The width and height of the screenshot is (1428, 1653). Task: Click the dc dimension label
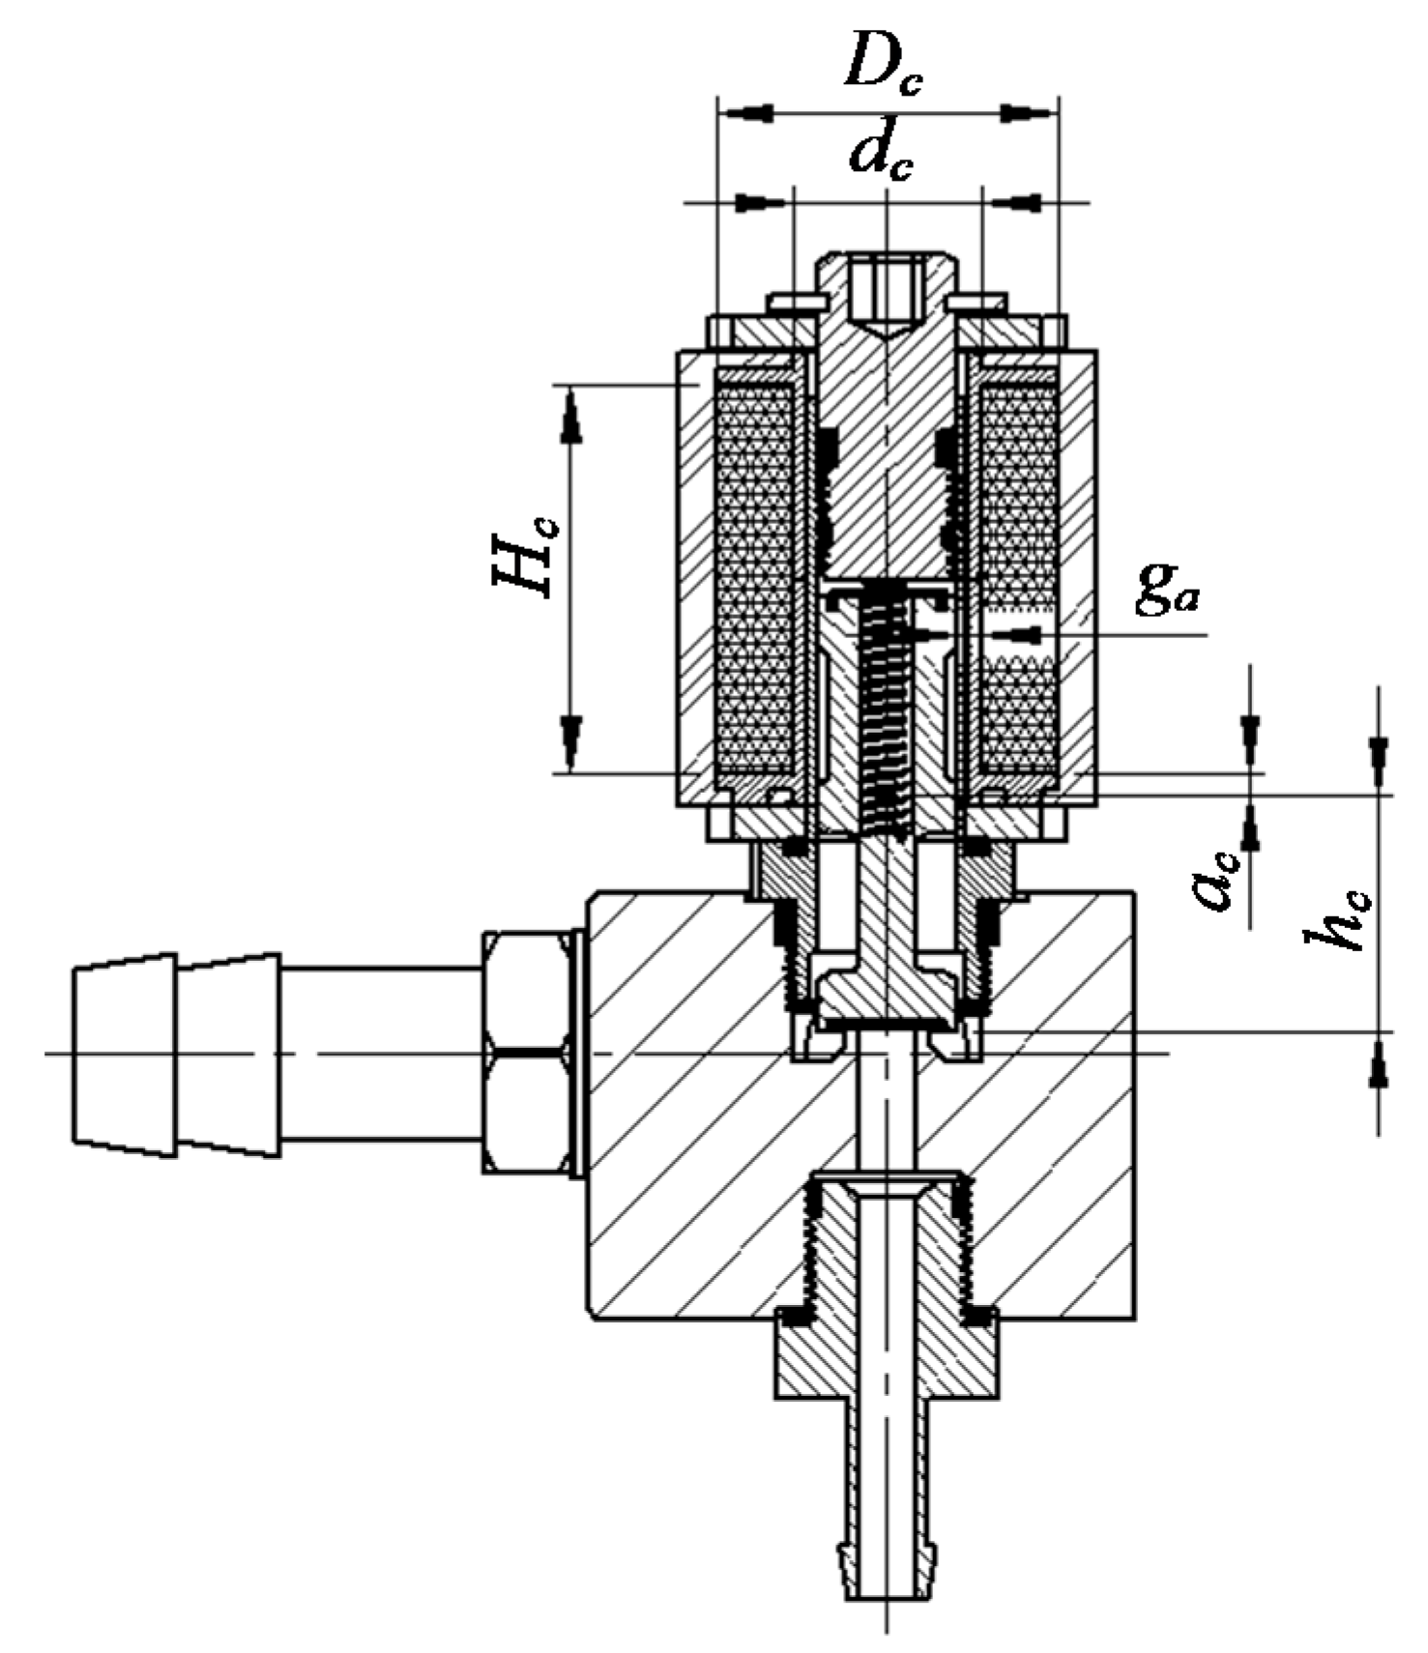[881, 155]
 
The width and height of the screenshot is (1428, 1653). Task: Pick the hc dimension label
[1338, 915]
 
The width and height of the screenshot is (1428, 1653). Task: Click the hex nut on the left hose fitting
[527, 1052]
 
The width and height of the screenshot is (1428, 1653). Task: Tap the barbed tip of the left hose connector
[124, 1052]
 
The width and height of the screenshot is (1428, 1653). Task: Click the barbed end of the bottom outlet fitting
[887, 1576]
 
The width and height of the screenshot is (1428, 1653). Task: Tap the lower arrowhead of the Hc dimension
[571, 739]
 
